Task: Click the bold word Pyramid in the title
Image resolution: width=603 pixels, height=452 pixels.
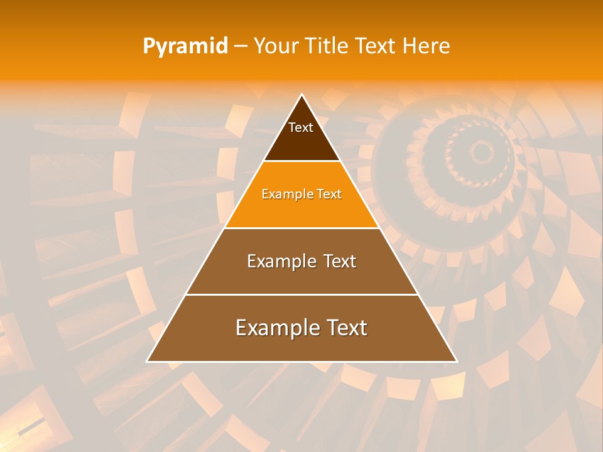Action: click(185, 46)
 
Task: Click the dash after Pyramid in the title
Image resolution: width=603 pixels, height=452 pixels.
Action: click(241, 46)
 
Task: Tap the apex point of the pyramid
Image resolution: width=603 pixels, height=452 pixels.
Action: click(301, 95)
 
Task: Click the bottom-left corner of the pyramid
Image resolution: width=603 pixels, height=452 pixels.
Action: click(148, 361)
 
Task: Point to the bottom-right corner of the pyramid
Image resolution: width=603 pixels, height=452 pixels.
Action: click(456, 361)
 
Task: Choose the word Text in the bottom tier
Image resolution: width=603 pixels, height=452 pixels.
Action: click(344, 328)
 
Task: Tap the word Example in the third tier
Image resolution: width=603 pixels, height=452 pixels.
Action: click(278, 261)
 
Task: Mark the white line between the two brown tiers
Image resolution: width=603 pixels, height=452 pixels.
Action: click(301, 294)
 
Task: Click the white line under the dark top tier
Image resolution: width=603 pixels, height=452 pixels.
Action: click(301, 161)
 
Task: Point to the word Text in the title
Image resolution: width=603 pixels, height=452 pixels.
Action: click(375, 46)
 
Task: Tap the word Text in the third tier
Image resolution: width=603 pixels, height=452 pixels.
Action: click(340, 261)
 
